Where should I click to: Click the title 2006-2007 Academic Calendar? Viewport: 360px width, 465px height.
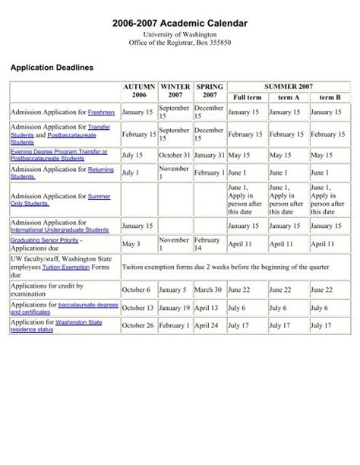point(180,25)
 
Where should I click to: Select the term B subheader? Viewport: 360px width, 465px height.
point(330,98)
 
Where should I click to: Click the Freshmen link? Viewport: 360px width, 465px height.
point(101,112)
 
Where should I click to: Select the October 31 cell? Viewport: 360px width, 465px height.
point(174,154)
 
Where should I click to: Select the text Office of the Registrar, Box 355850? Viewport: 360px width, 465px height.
point(180,43)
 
